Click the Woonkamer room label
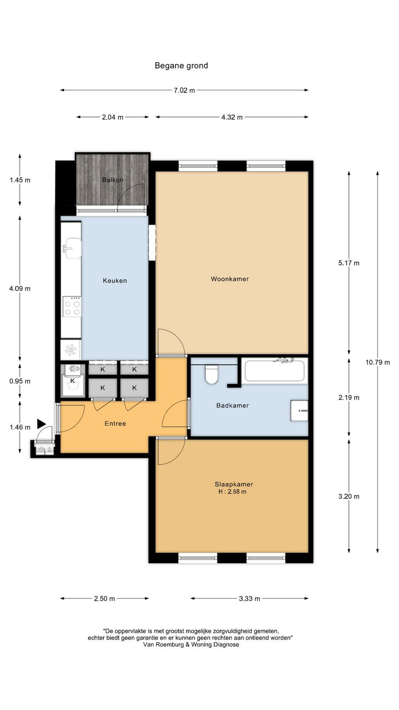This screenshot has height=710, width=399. click(230, 279)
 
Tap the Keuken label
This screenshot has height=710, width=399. click(115, 280)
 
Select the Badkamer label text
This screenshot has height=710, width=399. click(232, 406)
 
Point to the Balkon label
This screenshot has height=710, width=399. click(113, 180)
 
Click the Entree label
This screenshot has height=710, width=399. click(115, 423)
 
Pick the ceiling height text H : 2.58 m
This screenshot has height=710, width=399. click(232, 492)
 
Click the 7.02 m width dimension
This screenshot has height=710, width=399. click(184, 91)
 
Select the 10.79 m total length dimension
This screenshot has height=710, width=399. click(377, 362)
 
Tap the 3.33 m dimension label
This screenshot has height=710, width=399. click(250, 599)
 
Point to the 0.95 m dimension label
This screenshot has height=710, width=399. click(20, 381)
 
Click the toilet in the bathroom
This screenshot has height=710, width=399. click(211, 375)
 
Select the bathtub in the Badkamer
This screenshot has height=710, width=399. click(274, 371)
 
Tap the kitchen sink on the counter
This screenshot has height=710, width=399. click(72, 248)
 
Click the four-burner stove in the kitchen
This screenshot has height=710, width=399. click(72, 307)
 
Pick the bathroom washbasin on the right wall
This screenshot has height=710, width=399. click(299, 410)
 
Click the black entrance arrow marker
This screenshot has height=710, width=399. click(41, 423)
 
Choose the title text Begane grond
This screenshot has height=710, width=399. click(181, 66)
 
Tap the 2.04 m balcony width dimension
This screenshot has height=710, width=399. click(113, 117)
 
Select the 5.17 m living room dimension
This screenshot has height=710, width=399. click(348, 263)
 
